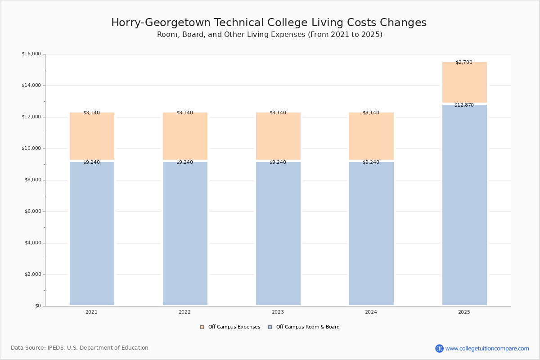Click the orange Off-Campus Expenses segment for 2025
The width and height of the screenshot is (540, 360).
tap(464, 83)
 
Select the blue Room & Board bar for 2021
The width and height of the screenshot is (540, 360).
tap(92, 234)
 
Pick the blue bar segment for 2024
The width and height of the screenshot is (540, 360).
tap(371, 234)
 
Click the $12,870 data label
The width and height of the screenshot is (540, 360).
tap(464, 105)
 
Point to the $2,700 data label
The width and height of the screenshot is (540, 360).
tap(464, 63)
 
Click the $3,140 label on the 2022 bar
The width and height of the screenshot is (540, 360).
tap(184, 113)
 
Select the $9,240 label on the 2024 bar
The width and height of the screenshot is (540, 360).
tap(371, 162)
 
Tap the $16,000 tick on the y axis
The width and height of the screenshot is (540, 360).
tap(31, 54)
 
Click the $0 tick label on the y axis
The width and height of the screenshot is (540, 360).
tap(37, 306)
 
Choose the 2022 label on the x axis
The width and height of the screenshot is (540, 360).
tap(184, 312)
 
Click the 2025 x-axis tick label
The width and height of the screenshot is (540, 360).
tap(464, 312)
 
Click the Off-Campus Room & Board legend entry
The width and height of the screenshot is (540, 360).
tap(308, 327)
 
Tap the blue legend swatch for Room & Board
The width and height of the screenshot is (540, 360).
tap(270, 327)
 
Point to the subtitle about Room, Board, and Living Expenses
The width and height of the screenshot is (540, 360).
tap(270, 35)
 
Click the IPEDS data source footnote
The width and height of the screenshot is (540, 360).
tap(80, 348)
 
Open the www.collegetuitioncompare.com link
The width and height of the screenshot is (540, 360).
tap(487, 348)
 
